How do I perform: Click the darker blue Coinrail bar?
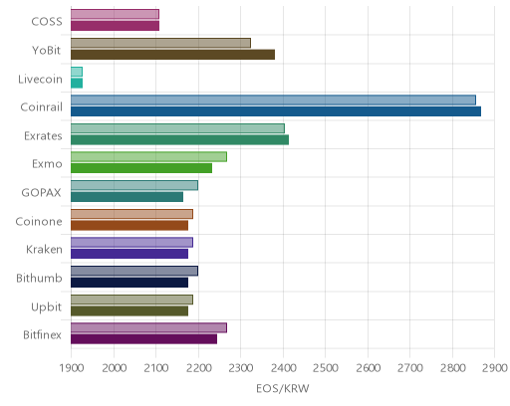point(276,111)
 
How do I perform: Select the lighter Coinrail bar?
point(273,100)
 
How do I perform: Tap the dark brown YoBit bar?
point(172,55)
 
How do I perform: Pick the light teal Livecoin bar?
point(77,72)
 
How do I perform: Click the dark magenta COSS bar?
point(115,26)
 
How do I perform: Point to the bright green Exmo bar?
point(141,168)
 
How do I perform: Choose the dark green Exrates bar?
point(179,140)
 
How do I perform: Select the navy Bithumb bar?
point(129,283)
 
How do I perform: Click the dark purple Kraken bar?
point(129,254)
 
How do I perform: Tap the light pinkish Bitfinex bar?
point(148,327)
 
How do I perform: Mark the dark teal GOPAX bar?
point(127,197)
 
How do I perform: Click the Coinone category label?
point(39,221)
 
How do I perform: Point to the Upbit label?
point(46,307)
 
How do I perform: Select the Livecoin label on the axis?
point(40,79)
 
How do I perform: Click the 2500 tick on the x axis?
point(326,368)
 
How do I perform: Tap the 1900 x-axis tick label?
point(71,368)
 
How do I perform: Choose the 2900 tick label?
point(495,368)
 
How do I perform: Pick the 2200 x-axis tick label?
point(198,368)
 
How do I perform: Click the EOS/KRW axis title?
point(283,388)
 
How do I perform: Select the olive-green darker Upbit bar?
point(129,311)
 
